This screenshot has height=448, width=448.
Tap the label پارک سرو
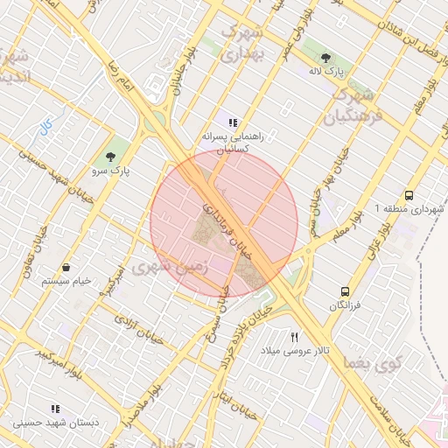pos(115,171)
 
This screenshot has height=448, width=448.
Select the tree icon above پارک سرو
pos(110,157)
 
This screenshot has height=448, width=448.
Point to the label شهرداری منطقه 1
pos(409,209)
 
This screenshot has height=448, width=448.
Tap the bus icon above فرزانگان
pos(345,290)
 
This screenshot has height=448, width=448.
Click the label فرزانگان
pos(345,305)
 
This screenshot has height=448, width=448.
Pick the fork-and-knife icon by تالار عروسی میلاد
pos(295,336)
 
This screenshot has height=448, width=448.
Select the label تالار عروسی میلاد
pos(295,350)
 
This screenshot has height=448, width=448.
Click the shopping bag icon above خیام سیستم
pos(66,267)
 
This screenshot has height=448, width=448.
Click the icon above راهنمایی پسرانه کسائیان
pos(232,122)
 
